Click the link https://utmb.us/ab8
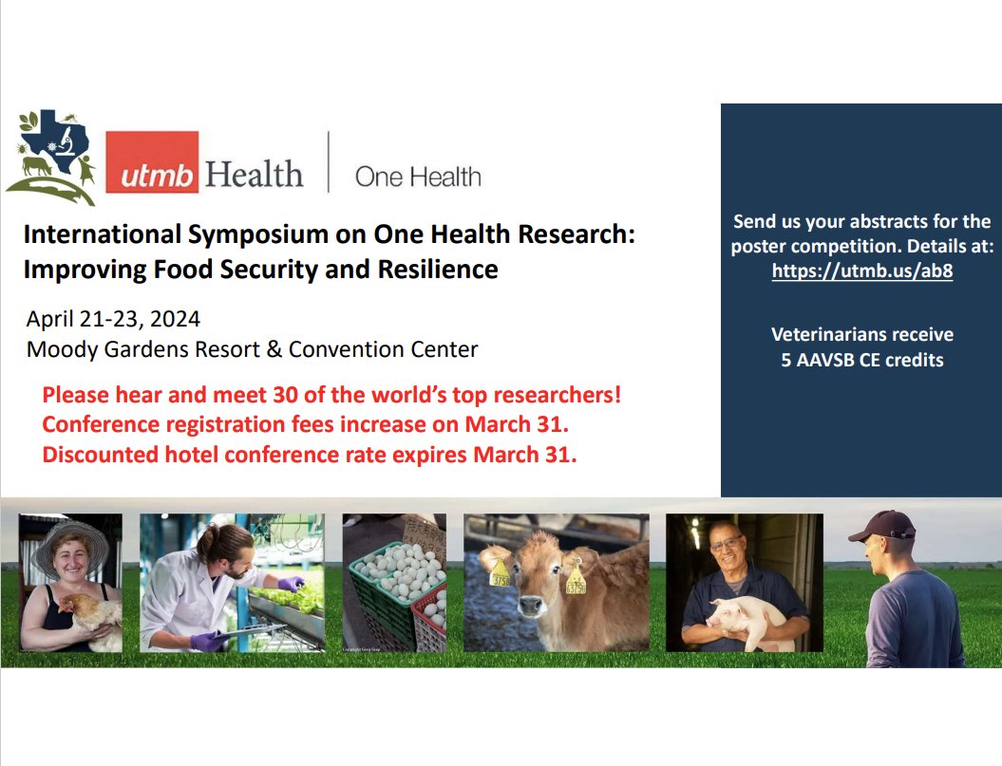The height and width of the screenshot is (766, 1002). coord(861,271)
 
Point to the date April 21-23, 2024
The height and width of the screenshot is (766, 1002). coord(113,318)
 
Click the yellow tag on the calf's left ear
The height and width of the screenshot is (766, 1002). coord(577,579)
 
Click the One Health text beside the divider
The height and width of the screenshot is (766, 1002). coord(418,177)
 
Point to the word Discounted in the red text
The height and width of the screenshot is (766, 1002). coord(101,455)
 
